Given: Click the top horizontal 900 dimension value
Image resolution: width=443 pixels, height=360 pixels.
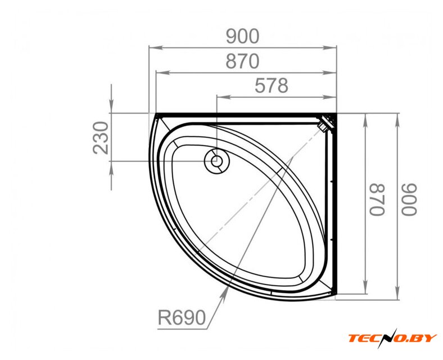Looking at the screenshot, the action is point(242,36).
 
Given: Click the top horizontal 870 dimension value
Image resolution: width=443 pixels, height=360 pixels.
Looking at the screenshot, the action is point(242,61).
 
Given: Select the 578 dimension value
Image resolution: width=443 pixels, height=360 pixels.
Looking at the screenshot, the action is point(272,85).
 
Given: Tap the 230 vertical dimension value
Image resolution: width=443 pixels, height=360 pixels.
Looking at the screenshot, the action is point(101,138).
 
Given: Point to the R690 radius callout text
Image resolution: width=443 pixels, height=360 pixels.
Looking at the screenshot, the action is point(182,318).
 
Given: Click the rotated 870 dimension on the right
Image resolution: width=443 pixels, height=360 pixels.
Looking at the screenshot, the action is point(377,200).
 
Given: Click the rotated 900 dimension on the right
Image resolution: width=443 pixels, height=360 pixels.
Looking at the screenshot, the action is point(409,200).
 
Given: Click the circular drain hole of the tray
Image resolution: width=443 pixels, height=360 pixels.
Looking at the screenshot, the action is point(217,161).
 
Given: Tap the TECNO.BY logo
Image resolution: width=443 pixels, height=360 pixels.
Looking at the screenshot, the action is point(392,337).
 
